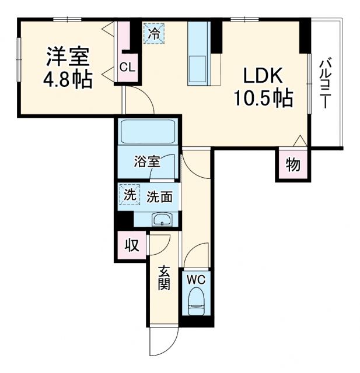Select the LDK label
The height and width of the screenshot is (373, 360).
point(263,76)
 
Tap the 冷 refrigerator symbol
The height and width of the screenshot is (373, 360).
point(154,33)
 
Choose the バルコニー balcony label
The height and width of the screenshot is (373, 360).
point(326,84)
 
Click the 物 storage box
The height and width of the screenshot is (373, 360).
point(292,166)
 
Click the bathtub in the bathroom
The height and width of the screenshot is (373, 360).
point(148,133)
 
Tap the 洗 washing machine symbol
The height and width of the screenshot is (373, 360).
point(129,194)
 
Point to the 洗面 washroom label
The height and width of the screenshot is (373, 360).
point(159,197)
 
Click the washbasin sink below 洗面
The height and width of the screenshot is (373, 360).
point(160,220)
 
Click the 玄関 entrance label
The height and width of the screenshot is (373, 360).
point(165,279)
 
